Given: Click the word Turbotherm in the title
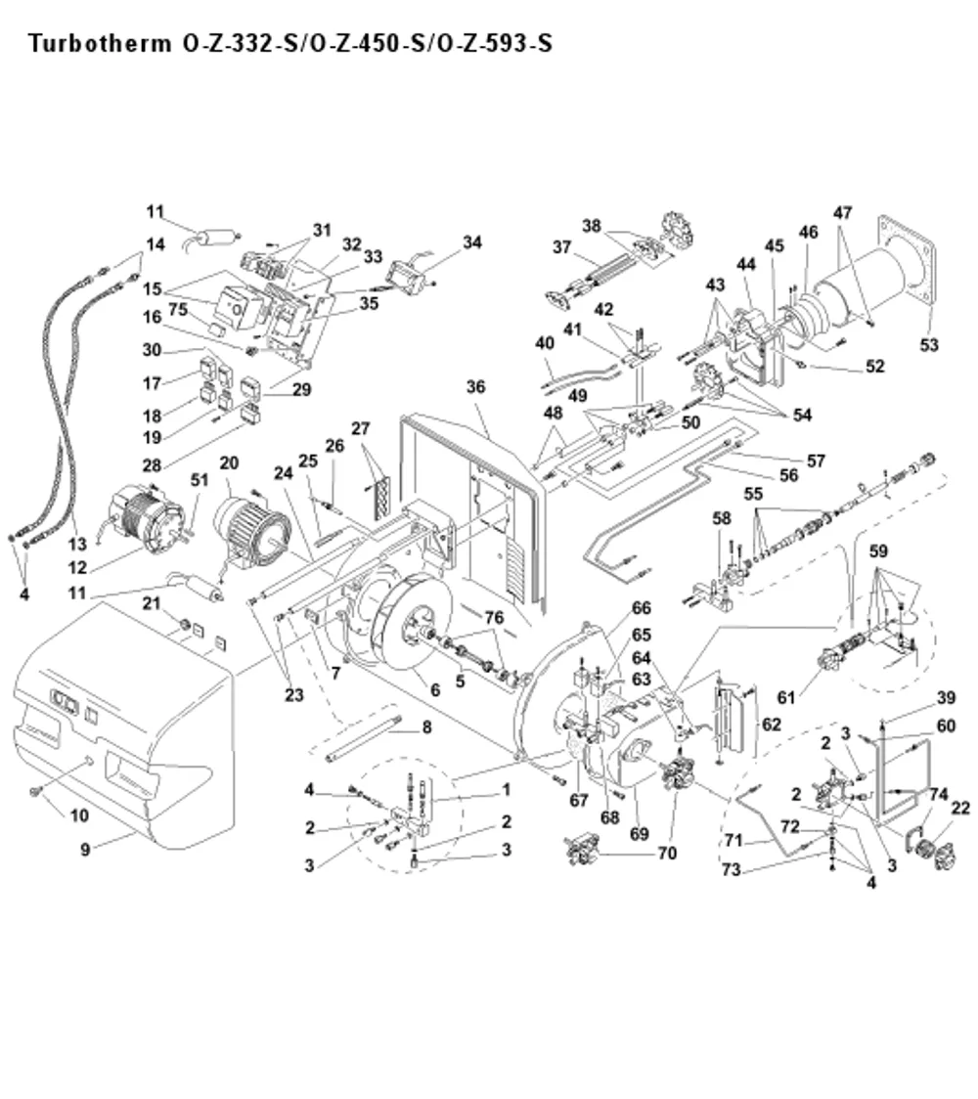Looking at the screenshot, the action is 100,43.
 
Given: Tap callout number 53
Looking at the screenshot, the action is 928,345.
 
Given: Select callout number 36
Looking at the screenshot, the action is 475,386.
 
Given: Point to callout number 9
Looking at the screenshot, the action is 85,849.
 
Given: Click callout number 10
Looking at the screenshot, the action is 79,815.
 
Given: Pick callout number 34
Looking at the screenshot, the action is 471,242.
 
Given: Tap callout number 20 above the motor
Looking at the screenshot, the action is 229,462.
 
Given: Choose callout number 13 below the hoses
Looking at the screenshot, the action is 77,544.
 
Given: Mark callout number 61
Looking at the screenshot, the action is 786,697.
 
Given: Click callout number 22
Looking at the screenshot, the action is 959,809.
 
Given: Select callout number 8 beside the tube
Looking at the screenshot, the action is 426,726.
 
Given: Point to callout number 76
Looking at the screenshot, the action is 494,617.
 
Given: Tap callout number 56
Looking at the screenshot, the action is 788,475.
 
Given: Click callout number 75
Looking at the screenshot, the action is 178,309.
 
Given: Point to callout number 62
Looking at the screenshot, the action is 772,724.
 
